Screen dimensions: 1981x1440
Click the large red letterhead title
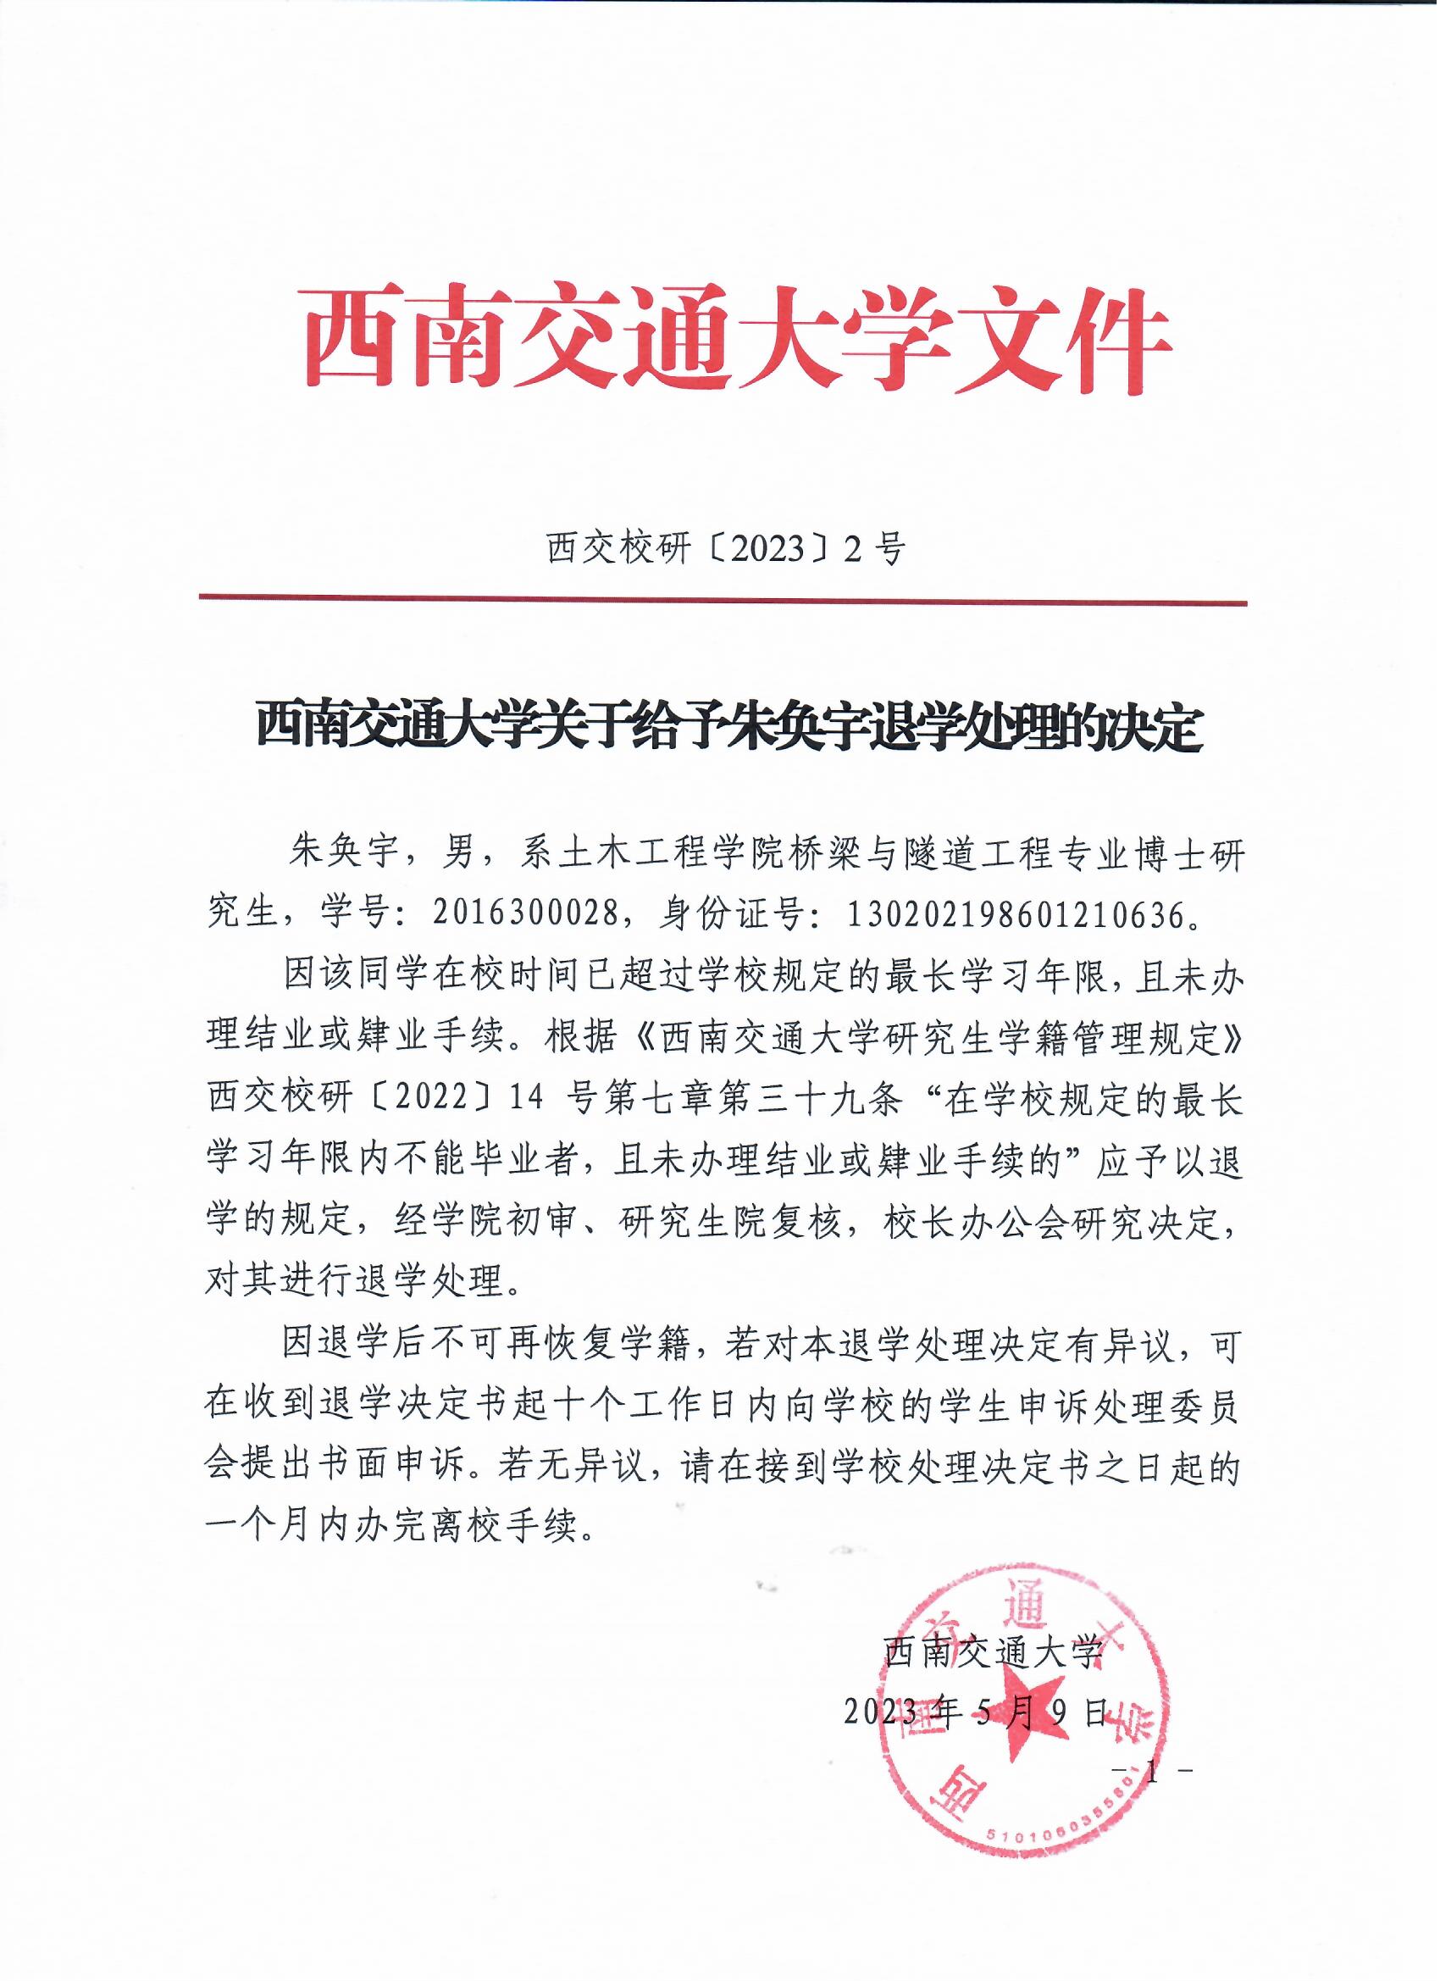tap(738, 341)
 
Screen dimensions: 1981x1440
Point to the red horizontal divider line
tap(723, 600)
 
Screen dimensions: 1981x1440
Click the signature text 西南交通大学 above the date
tap(994, 1652)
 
